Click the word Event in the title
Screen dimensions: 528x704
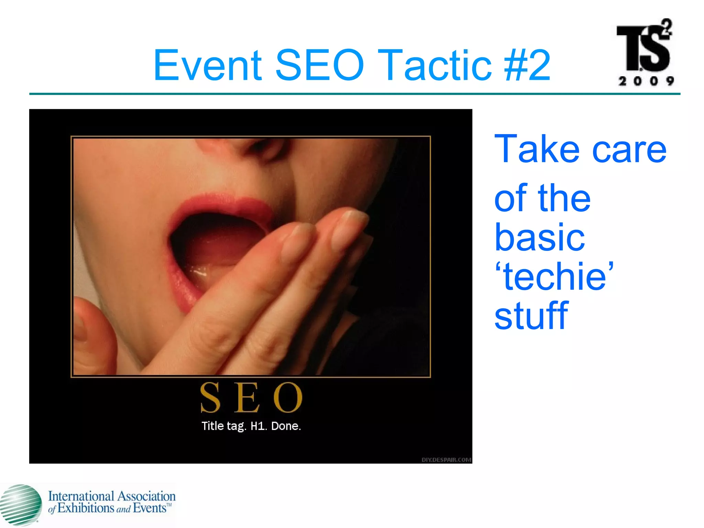[207, 65]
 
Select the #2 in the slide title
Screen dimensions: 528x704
[527, 65]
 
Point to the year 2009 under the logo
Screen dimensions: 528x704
[646, 81]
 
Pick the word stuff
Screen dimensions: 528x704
[531, 315]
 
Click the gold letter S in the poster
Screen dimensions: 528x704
[210, 397]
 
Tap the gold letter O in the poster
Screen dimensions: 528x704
[288, 397]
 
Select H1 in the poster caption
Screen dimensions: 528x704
[258, 426]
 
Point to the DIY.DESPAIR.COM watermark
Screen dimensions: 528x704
[446, 460]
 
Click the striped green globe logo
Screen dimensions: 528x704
[20, 505]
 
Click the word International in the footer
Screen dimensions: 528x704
[81, 496]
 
